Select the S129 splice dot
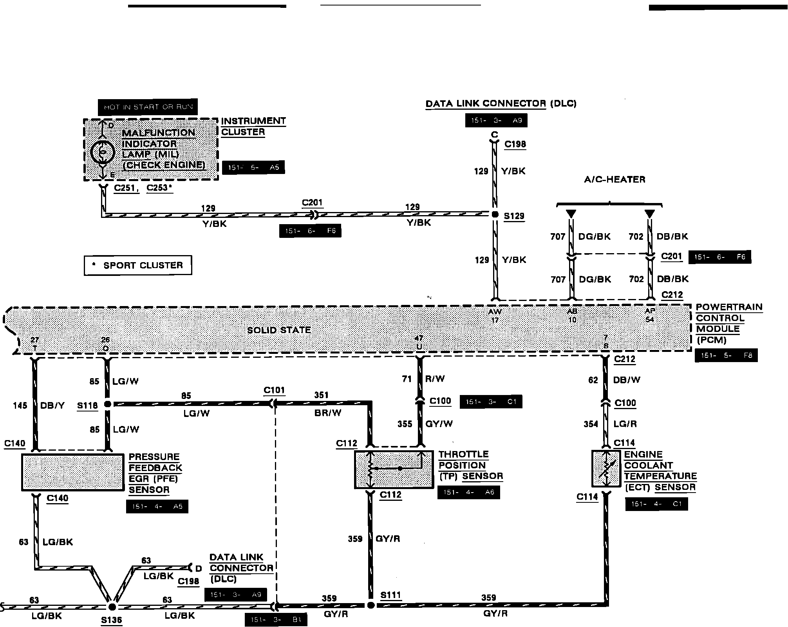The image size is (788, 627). (x=495, y=214)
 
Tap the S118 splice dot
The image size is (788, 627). (x=107, y=404)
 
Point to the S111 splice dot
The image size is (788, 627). (x=371, y=605)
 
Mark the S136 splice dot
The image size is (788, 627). (x=112, y=607)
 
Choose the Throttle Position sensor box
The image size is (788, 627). (x=394, y=469)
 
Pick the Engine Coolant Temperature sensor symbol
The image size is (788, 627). (x=606, y=468)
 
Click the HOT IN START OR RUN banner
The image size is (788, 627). (x=148, y=107)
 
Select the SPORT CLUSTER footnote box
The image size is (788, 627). (x=138, y=265)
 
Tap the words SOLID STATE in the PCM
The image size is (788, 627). (x=279, y=330)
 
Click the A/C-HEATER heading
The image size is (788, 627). (x=614, y=179)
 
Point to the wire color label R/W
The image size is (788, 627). (x=435, y=379)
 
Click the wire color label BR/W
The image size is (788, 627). (x=328, y=413)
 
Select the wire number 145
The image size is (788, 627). (x=20, y=405)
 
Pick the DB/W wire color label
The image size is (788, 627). (x=627, y=380)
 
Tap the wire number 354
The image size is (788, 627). (x=591, y=424)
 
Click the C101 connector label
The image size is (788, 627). (x=274, y=390)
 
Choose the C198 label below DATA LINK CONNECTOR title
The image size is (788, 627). (x=515, y=144)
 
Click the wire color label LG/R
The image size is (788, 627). (x=625, y=424)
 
